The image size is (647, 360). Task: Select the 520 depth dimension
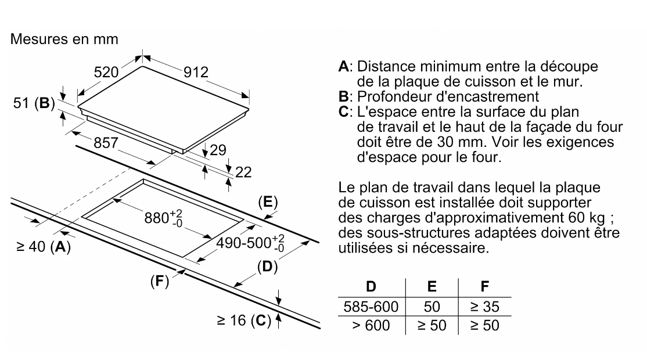click(107, 73)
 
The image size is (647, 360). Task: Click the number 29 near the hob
click(218, 150)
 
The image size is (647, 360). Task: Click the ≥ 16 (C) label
click(245, 320)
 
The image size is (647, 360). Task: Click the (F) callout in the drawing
click(159, 282)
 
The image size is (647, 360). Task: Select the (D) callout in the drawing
click(265, 268)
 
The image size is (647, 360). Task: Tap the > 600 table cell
click(371, 325)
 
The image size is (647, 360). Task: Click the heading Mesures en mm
click(64, 40)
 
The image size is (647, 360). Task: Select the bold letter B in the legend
click(343, 96)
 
